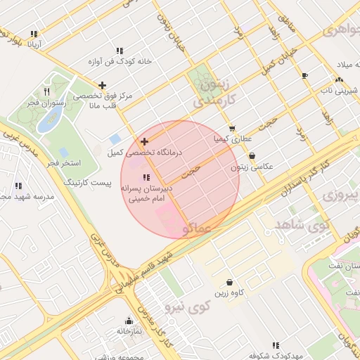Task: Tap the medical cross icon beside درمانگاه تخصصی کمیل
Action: click(144, 141)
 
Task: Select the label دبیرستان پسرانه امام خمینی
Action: click(146, 194)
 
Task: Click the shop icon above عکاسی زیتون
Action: click(252, 156)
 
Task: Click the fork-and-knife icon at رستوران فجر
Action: click(47, 91)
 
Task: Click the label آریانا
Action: click(34, 44)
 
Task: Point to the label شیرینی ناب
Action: click(340, 90)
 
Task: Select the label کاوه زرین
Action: click(229, 292)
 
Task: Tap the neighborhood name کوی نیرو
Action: click(187, 307)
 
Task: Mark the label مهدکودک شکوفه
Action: click(276, 355)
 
